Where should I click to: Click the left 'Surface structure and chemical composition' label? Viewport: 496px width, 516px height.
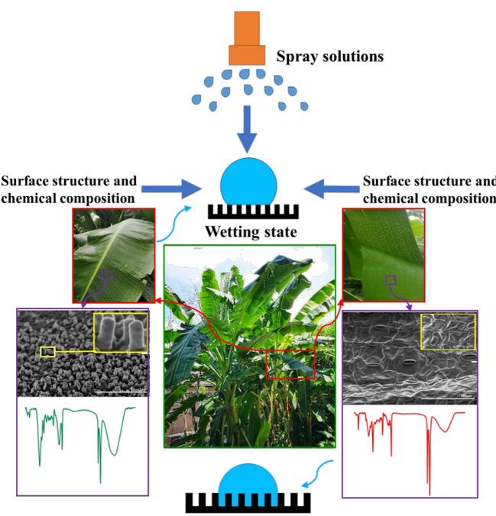pyautogui.click(x=70, y=190)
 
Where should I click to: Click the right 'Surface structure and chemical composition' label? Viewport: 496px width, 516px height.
pyautogui.click(x=428, y=190)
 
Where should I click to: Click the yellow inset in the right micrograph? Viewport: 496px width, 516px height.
pyautogui.click(x=447, y=334)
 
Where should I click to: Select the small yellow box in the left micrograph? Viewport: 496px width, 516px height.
pyautogui.click(x=47, y=352)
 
